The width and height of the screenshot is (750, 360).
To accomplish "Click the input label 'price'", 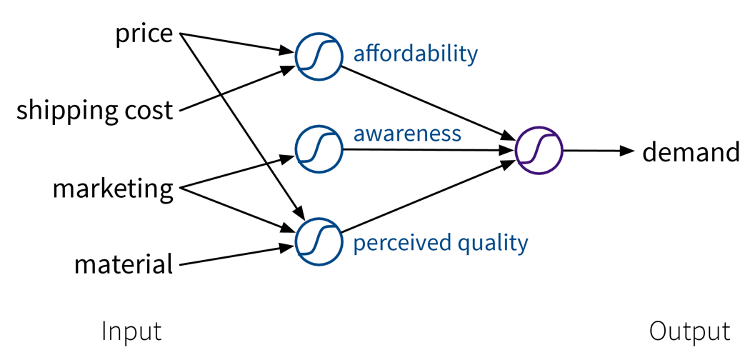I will [x=144, y=34].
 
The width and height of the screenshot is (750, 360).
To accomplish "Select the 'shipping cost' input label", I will [x=94, y=110].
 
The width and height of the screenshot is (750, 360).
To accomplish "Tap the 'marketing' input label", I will [x=113, y=189].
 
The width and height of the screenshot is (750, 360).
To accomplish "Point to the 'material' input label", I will [x=124, y=265].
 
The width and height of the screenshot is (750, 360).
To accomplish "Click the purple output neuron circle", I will [x=539, y=151].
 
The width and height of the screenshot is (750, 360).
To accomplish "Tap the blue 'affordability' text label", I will [x=415, y=54].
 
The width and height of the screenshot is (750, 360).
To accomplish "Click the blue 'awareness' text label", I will [x=406, y=134].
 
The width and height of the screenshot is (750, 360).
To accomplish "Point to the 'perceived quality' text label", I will [x=440, y=243].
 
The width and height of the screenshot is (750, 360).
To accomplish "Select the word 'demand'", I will [x=691, y=152].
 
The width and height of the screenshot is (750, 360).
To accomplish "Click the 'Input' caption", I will [x=131, y=331].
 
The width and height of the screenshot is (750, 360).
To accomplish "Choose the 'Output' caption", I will [x=689, y=331].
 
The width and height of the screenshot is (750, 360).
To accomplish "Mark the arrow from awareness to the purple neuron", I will [x=429, y=150].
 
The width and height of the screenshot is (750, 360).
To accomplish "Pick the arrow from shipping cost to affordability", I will [x=236, y=89].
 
